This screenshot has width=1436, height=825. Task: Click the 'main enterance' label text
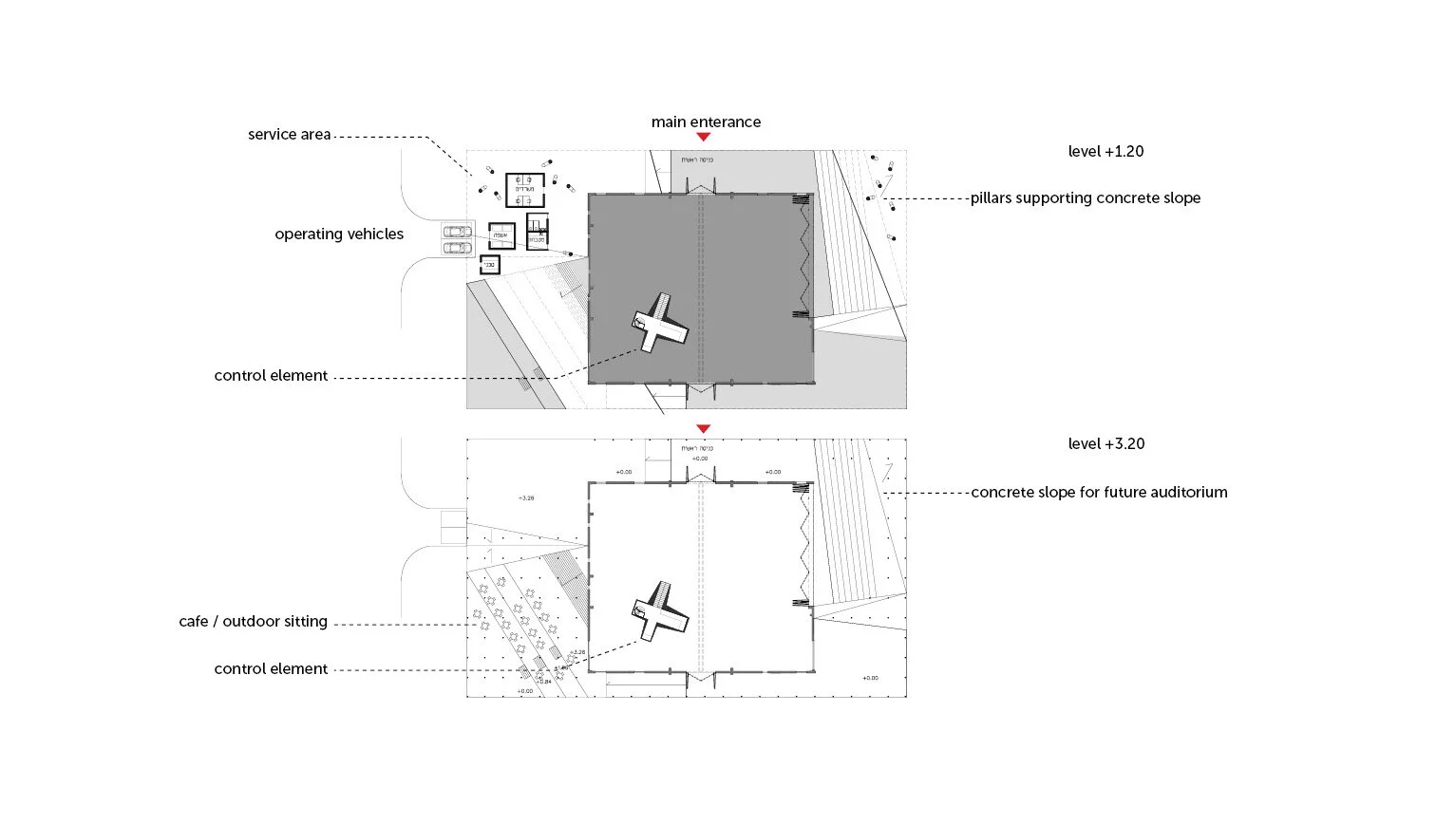pyautogui.click(x=706, y=122)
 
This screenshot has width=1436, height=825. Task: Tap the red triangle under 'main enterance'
pyautogui.click(x=704, y=138)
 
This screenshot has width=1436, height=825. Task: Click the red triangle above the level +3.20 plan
pyautogui.click(x=704, y=429)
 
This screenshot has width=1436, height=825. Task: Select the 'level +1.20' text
pyautogui.click(x=1105, y=152)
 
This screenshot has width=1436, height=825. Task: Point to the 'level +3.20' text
pyautogui.click(x=1105, y=444)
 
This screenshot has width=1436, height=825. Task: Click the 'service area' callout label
pyautogui.click(x=289, y=135)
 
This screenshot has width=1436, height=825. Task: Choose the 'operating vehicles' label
pyautogui.click(x=339, y=234)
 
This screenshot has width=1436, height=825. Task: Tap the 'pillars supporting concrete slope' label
pyautogui.click(x=1085, y=198)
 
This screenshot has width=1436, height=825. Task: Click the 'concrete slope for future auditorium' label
pyautogui.click(x=1099, y=493)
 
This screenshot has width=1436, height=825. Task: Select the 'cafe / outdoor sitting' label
pyautogui.click(x=253, y=622)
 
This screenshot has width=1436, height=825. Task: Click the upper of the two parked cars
pyautogui.click(x=457, y=231)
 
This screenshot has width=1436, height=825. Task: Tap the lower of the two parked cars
pyautogui.click(x=457, y=248)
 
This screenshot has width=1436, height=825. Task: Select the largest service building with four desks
pyautogui.click(x=524, y=190)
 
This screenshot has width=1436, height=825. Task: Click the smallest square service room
pyautogui.click(x=489, y=265)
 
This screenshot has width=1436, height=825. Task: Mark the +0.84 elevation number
pyautogui.click(x=545, y=682)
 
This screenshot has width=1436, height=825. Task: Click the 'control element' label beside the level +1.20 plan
pyautogui.click(x=271, y=376)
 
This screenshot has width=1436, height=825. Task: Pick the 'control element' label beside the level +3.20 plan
pyautogui.click(x=271, y=669)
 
